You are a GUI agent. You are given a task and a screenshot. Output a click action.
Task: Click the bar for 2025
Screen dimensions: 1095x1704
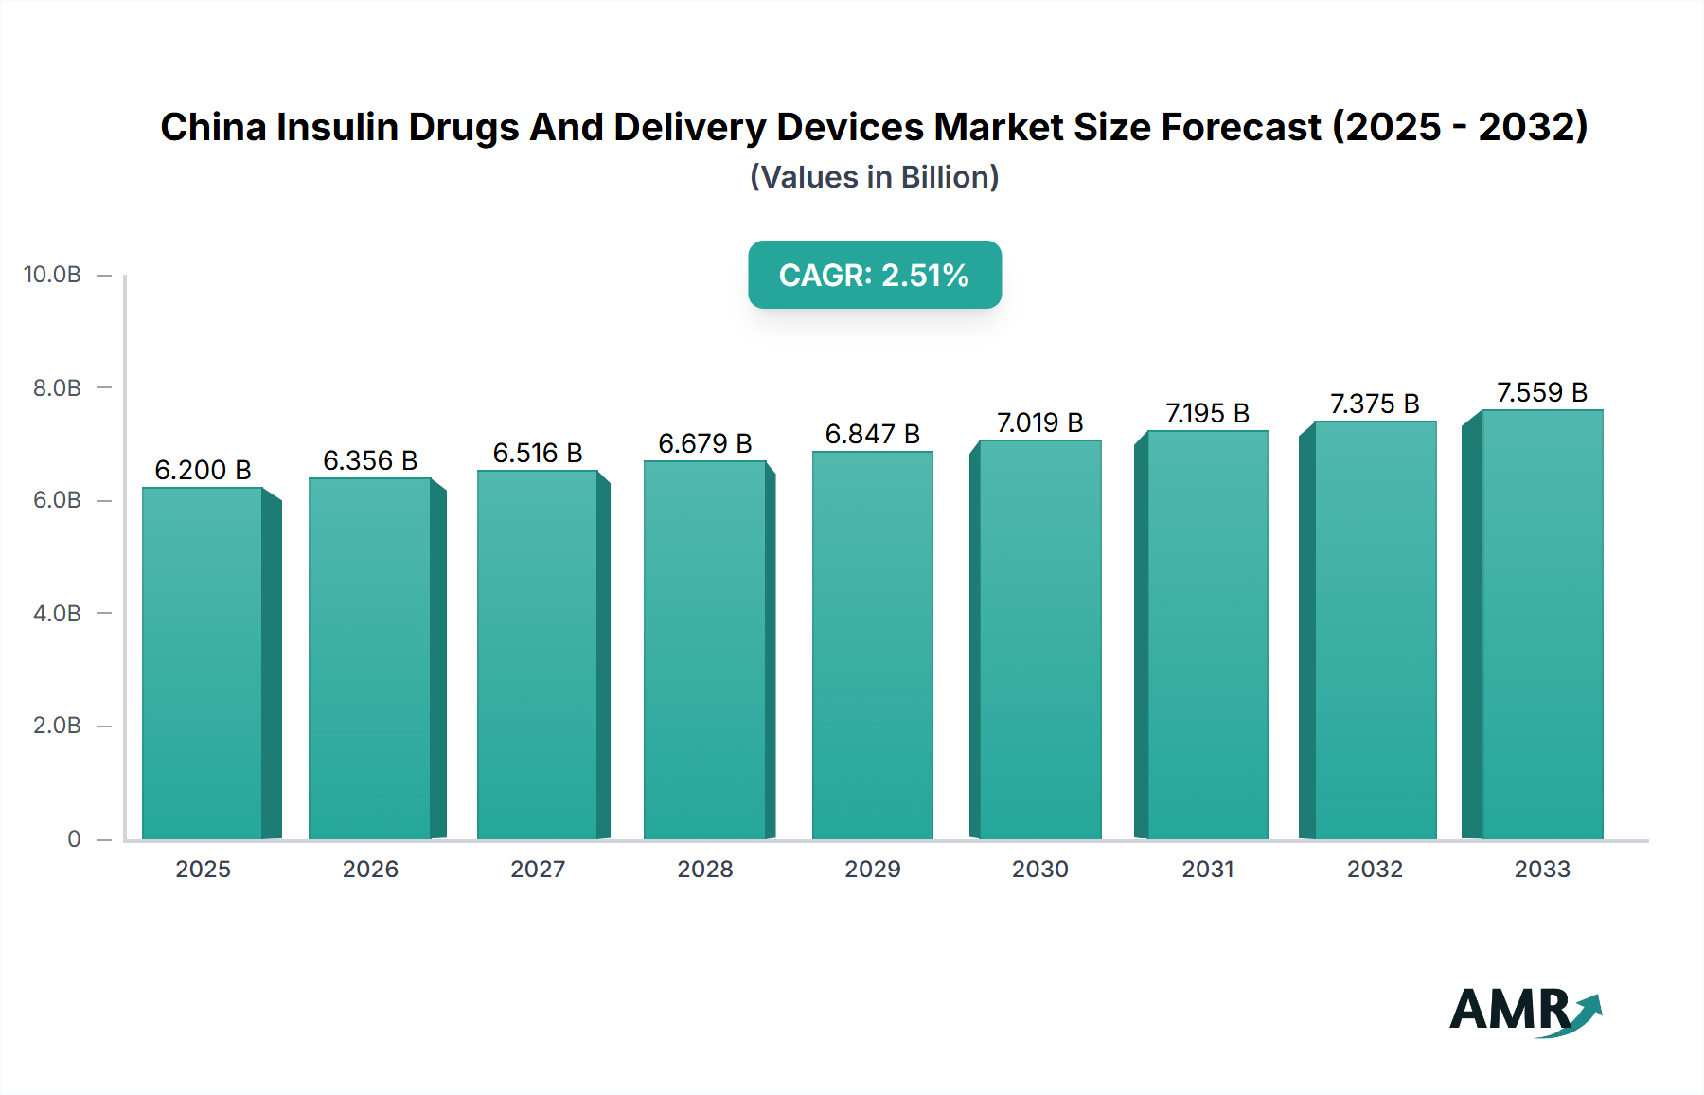pyautogui.click(x=203, y=663)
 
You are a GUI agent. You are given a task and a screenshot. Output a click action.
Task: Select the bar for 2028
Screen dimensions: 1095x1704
pyautogui.click(x=704, y=650)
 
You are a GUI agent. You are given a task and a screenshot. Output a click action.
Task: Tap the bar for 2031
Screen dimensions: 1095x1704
pyautogui.click(x=1207, y=635)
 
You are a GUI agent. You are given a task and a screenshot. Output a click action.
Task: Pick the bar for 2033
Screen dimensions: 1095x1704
pyautogui.click(x=1541, y=624)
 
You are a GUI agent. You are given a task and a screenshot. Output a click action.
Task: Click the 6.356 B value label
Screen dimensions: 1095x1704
pyautogui.click(x=370, y=460)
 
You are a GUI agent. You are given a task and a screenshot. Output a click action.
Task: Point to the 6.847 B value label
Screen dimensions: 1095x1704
pyautogui.click(x=872, y=434)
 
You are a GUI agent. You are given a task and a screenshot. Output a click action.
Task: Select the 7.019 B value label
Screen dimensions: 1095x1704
pyautogui.click(x=1039, y=422)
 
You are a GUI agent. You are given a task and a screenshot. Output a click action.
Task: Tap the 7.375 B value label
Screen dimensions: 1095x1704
pyautogui.click(x=1375, y=404)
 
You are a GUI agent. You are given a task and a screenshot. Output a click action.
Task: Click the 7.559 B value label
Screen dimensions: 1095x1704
pyautogui.click(x=1541, y=392)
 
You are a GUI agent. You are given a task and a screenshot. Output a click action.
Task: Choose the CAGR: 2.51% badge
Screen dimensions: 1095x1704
pyautogui.click(x=875, y=275)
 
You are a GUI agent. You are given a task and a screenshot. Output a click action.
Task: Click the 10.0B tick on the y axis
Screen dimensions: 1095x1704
pyautogui.click(x=52, y=275)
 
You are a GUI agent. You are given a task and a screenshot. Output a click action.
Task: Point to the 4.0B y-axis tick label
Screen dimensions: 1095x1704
pyautogui.click(x=57, y=613)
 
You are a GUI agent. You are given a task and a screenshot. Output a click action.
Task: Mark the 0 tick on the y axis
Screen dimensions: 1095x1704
pyautogui.click(x=74, y=838)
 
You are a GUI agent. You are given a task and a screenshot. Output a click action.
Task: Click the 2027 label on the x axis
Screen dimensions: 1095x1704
pyautogui.click(x=538, y=869)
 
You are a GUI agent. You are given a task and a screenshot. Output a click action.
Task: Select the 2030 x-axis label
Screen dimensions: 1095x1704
pyautogui.click(x=1039, y=869)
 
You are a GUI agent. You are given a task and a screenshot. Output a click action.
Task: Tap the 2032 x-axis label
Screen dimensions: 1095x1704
pyautogui.click(x=1375, y=869)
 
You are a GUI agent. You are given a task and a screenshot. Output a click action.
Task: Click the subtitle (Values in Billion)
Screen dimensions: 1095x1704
pyautogui.click(x=875, y=177)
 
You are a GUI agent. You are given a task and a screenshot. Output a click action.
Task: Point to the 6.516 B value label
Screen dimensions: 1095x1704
pyautogui.click(x=538, y=453)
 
